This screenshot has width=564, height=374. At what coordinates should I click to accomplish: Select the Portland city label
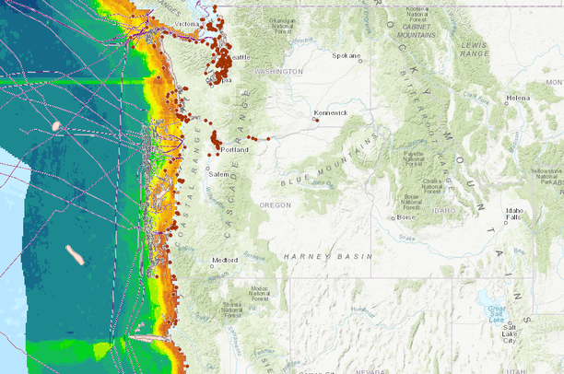[234, 150]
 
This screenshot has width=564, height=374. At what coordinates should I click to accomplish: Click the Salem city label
[217, 173]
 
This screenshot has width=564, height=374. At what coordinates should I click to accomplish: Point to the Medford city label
[224, 260]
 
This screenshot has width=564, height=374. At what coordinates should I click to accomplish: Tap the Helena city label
[518, 98]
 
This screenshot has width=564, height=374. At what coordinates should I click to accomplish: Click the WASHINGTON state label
[278, 71]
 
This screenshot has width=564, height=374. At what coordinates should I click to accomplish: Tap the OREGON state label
[275, 205]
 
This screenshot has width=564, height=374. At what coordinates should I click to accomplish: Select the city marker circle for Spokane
[360, 61]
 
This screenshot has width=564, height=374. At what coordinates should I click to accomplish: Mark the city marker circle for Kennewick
[316, 119]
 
